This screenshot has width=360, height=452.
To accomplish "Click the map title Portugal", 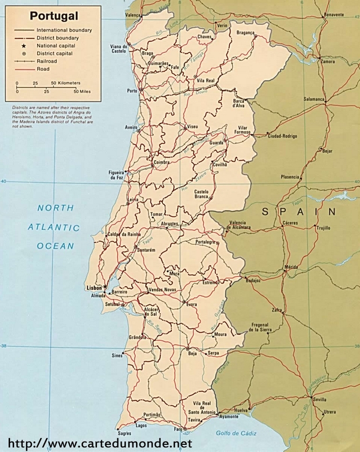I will point(50,16).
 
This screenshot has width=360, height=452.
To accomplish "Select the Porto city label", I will point(132,91).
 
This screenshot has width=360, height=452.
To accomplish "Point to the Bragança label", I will point(246,33).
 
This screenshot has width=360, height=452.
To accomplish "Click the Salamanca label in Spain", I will point(314,99).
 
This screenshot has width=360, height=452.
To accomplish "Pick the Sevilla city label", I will point(319,400).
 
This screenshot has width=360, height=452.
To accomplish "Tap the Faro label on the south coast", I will point(178,429).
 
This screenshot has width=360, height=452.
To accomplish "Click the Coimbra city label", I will point(162,163).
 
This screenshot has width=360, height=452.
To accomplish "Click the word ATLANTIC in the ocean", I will point(55,227).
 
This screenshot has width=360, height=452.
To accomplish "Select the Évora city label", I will point(192,304).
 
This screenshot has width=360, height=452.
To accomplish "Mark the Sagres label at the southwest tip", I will point(124,433).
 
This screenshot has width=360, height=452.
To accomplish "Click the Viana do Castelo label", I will point(118,49).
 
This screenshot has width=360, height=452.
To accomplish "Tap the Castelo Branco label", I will point(201,194).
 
